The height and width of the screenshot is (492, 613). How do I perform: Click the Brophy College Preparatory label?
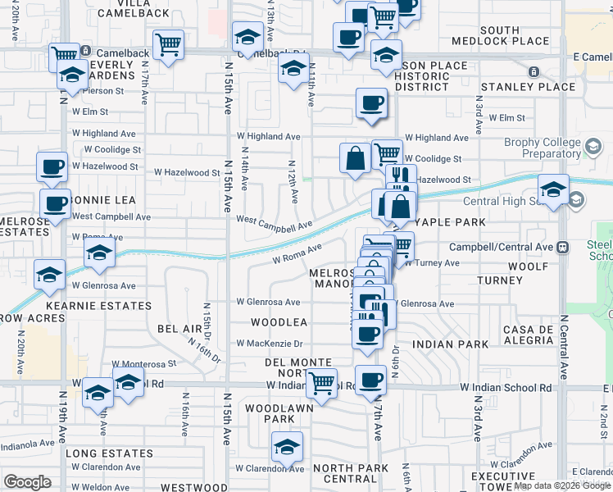click(530, 148)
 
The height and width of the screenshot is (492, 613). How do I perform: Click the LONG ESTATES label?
click(108, 453)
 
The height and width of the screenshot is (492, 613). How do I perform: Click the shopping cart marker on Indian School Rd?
click(321, 383)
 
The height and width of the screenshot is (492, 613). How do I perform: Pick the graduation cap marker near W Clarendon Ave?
click(287, 447)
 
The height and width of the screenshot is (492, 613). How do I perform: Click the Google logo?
click(27, 482)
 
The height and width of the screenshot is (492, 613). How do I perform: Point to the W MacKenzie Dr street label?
click(270, 344)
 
